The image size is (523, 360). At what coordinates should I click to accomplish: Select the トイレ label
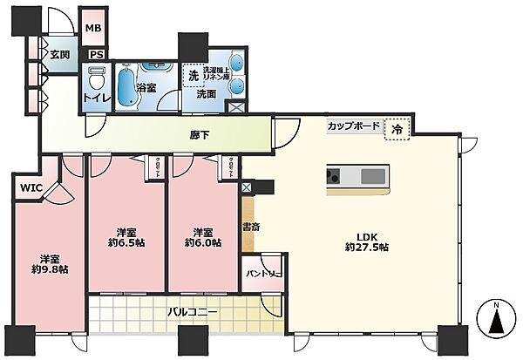pyautogui.click(x=95, y=97)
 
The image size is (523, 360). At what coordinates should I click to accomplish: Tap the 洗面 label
pyautogui.click(x=206, y=94)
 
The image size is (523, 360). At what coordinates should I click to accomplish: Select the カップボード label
pyautogui.click(x=353, y=126)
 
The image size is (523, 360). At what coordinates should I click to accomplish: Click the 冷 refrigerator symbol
pyautogui.click(x=396, y=127)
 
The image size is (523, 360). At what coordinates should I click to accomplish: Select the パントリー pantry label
pyautogui.click(x=262, y=274)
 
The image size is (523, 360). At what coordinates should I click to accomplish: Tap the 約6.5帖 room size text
pyautogui.click(x=127, y=243)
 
